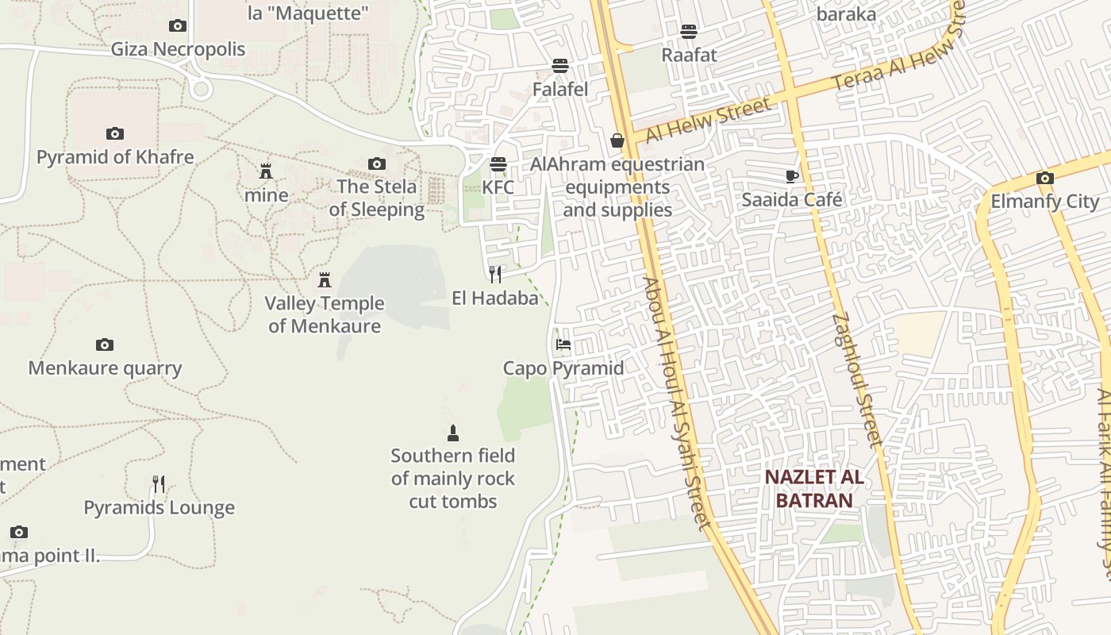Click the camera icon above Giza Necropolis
pos(178,26)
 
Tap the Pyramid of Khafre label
pos(115,156)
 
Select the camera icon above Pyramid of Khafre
pos(115,133)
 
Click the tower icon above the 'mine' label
pos(266,171)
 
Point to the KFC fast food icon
pos(498,164)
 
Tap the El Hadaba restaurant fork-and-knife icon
pos(495,275)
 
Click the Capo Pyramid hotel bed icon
pos(563,344)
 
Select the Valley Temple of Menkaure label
pos(325,314)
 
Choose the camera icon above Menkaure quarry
pos(105,344)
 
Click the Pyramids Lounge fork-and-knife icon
pos(159,483)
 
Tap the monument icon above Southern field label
pos(453,433)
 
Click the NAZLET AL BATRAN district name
pos(814,488)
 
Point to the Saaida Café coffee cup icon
pos(791,176)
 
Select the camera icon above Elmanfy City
pos(1045,178)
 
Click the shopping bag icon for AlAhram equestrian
pos(617,140)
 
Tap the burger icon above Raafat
pos(689,32)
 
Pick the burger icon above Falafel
pos(560,66)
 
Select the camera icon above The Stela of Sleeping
pos(377,164)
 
